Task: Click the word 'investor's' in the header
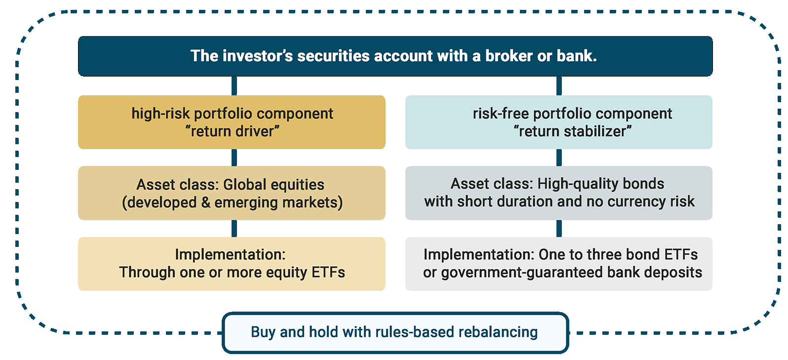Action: pos(258,56)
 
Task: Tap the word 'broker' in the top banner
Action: pos(509,56)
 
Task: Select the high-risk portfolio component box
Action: pos(232,122)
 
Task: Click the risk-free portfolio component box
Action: pos(558,122)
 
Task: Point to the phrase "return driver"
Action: pos(232,131)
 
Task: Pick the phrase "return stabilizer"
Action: pos(572,131)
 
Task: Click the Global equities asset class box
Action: pos(232,193)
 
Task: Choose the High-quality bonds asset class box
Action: pos(558,193)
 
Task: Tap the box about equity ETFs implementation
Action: pos(232,264)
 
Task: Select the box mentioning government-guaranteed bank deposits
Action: pos(558,264)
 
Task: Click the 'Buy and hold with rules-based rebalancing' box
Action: pos(395,332)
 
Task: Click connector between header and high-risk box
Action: pos(235,86)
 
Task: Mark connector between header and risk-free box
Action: pos(559,86)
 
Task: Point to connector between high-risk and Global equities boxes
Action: pos(235,158)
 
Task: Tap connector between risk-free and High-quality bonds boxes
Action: pos(559,158)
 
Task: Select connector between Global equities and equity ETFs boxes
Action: pos(235,229)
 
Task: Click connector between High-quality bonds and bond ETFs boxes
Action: pos(559,229)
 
